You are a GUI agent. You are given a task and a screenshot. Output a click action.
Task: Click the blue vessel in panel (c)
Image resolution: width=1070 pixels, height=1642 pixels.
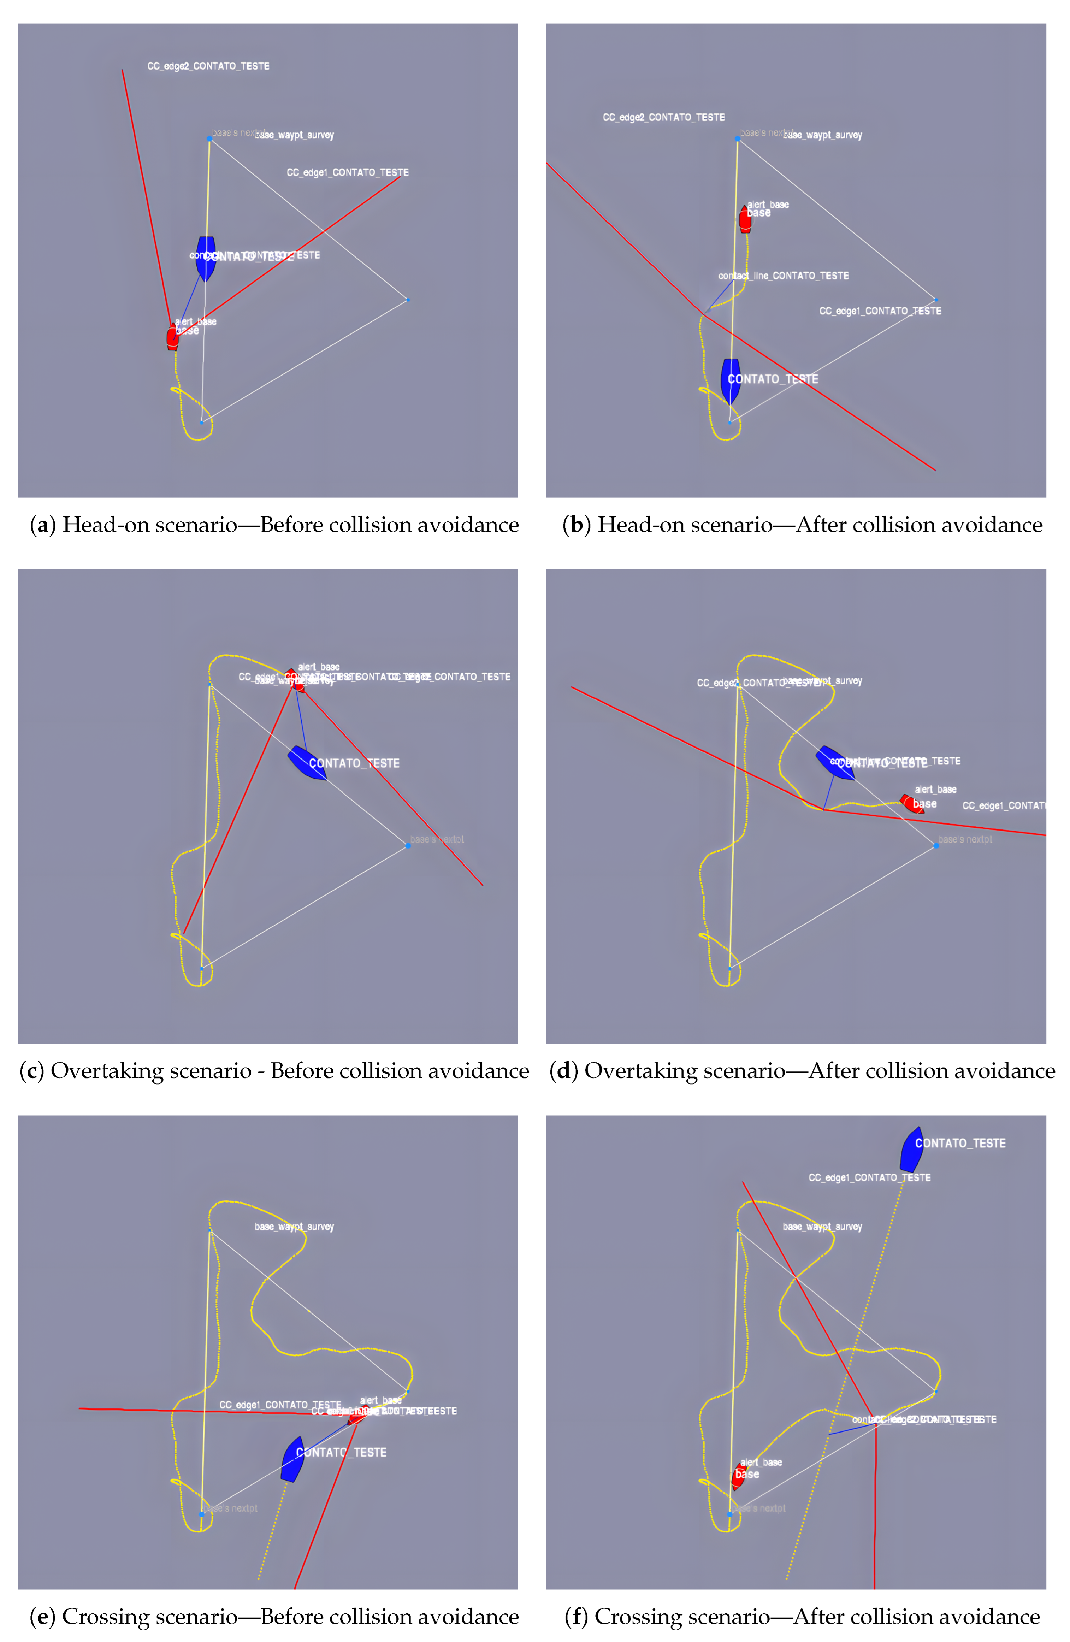306,762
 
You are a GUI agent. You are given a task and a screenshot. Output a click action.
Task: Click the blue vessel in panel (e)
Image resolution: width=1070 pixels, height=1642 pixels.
292,1459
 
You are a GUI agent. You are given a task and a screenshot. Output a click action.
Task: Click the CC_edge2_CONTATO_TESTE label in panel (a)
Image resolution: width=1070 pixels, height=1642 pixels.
208,66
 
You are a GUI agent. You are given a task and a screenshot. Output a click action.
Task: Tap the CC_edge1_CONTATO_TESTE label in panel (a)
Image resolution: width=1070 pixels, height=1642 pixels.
348,172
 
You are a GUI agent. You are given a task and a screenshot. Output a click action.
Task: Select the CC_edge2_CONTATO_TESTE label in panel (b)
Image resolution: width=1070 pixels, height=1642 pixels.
664,117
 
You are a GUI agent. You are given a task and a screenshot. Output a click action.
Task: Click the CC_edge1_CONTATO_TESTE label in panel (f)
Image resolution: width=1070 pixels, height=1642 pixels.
869,1178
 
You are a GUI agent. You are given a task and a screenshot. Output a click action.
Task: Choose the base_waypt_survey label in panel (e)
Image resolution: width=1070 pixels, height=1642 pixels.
295,1227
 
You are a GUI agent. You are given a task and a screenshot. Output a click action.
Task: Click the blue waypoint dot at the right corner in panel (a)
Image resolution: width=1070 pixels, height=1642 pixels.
408,300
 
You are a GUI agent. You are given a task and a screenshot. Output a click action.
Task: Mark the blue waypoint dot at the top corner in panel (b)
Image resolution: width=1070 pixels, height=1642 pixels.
738,139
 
